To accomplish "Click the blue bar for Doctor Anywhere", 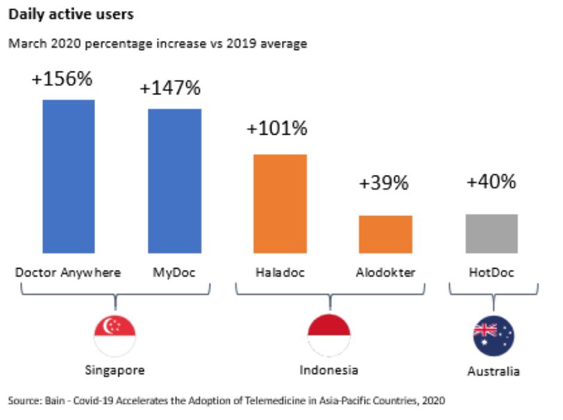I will pos(69,176).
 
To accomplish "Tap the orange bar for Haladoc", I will pos(280,203).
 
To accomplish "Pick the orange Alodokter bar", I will pos(385,234).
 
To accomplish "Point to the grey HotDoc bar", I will pos(491,233).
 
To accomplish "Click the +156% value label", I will pos(62,78).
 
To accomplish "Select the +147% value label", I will pos(170,88).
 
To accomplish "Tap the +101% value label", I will pos(277,128).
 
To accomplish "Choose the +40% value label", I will pos(491,182).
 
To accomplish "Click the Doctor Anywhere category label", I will pos(68,272).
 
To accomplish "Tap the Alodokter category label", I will pos(387,272).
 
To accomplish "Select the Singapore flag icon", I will pos(115,334).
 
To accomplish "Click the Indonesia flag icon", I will pos(328,334).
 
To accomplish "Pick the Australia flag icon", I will pos(494,335).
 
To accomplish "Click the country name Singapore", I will pos(115,370).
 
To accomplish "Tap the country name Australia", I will pos(493,371).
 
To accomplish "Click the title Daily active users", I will pos(62,14).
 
